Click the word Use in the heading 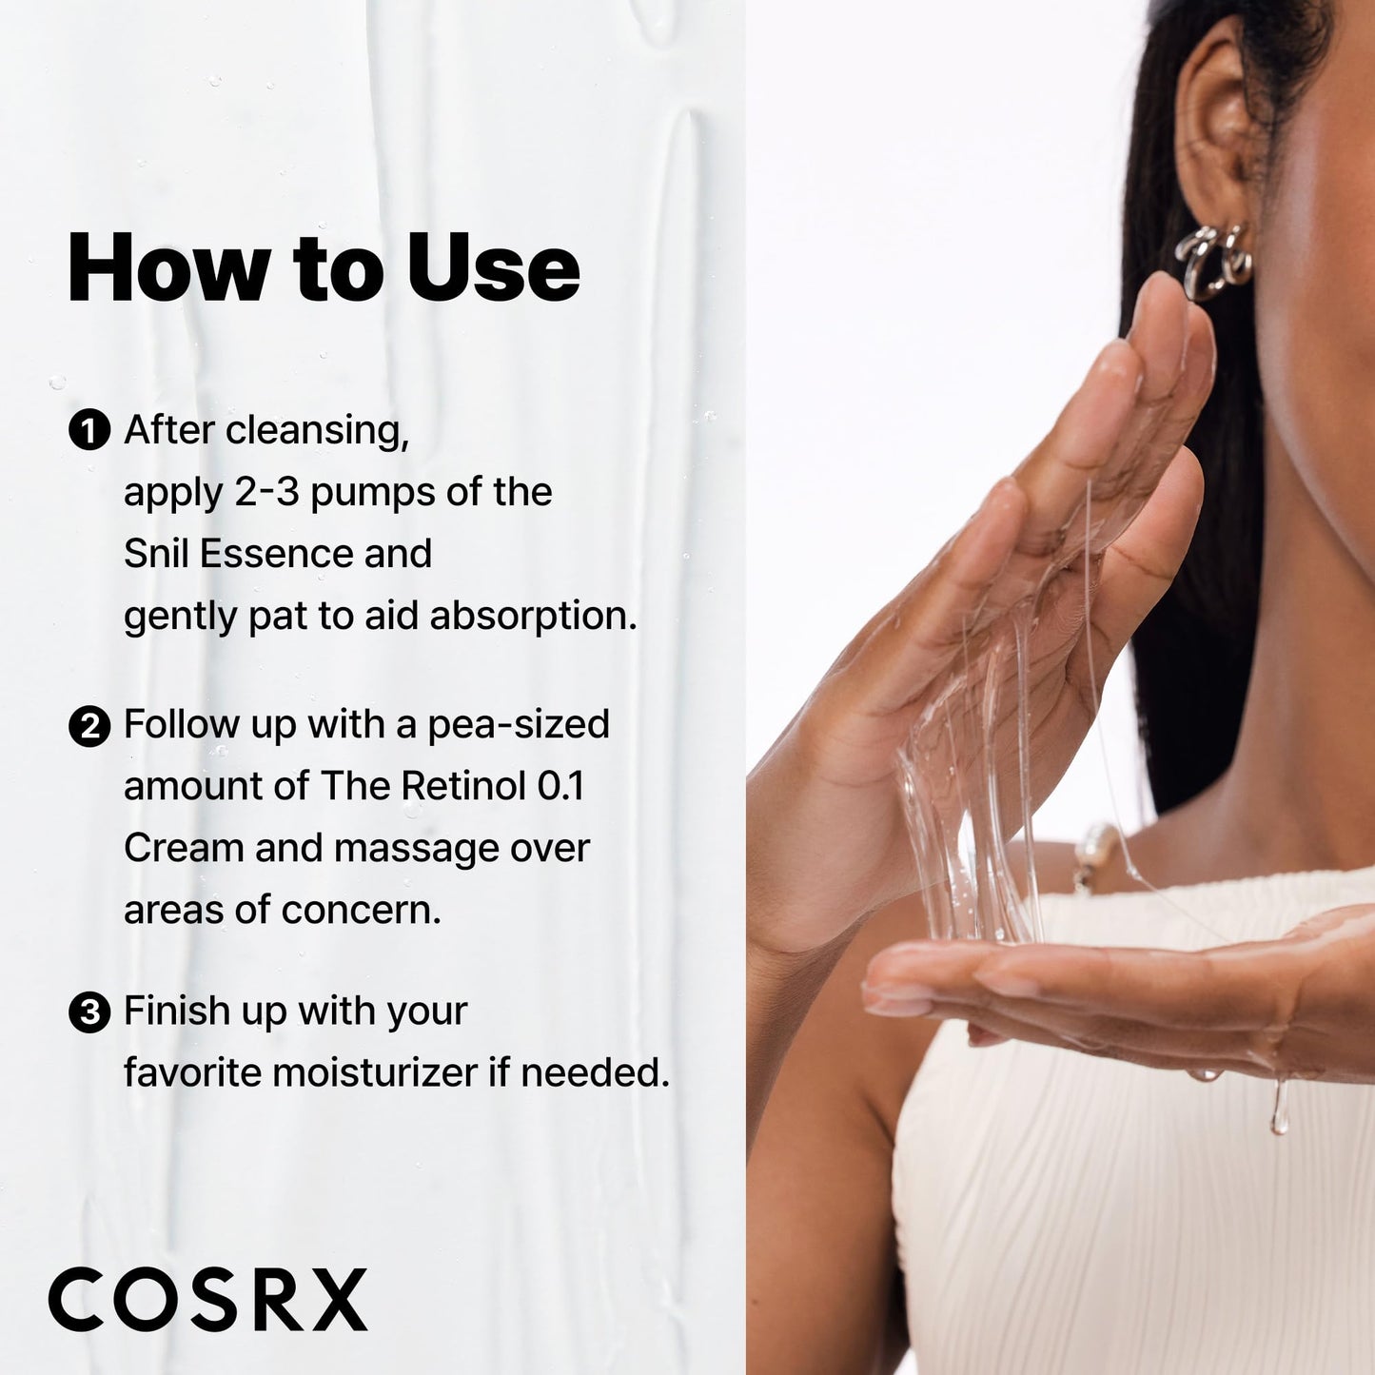493,268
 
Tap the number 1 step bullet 89,431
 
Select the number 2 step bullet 89,726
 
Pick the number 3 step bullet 89,1012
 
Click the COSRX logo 207,1299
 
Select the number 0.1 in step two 560,786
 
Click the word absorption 533,617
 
